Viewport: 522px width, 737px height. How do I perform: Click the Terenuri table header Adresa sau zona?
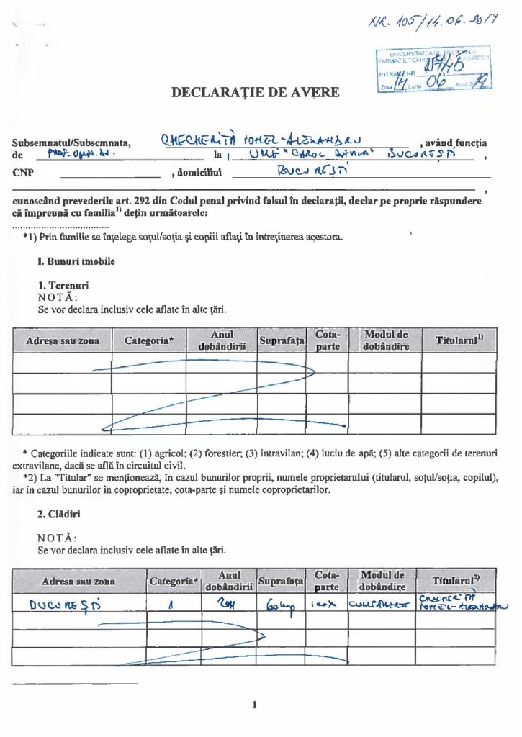click(63, 340)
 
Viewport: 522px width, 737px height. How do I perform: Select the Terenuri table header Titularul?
click(459, 340)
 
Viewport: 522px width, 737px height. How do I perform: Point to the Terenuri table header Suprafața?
click(282, 340)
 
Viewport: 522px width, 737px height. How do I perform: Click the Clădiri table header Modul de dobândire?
click(385, 580)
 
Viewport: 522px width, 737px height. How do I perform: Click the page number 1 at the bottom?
click(254, 704)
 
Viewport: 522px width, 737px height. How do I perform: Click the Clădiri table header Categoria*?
click(173, 580)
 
